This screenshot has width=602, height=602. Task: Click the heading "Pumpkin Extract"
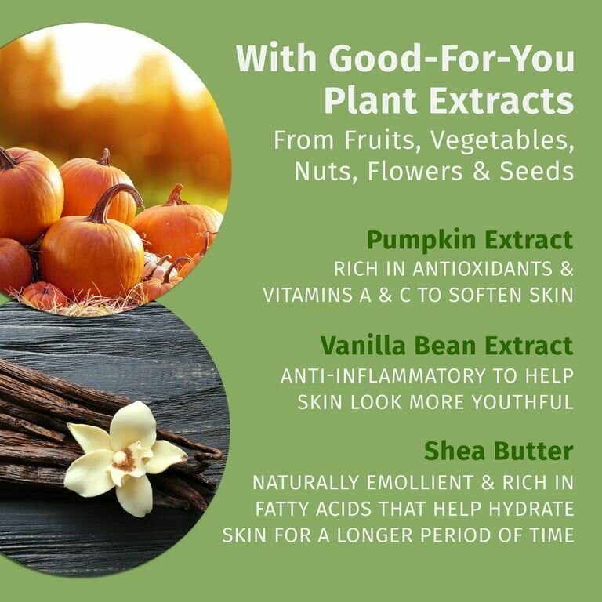[x=470, y=239]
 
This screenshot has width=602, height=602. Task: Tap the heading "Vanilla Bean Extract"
[x=446, y=345]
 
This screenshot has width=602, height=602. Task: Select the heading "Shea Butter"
[x=499, y=451]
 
